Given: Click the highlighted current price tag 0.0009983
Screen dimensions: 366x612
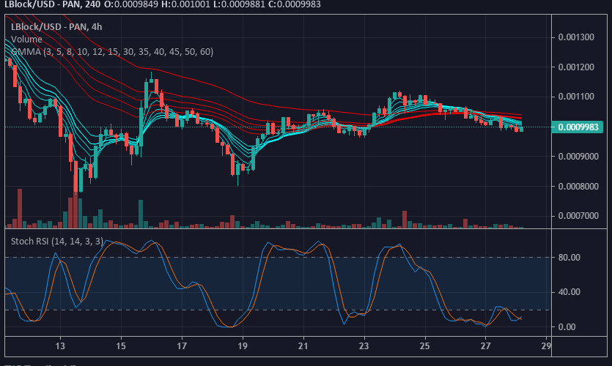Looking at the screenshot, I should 578,127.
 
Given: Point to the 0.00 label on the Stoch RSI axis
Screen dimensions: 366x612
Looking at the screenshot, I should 568,326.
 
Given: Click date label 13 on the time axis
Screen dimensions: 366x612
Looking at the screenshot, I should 60,346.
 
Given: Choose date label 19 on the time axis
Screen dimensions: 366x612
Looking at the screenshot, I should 243,346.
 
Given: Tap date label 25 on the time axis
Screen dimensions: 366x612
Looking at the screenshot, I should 425,346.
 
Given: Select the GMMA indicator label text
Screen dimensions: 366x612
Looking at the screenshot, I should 111,51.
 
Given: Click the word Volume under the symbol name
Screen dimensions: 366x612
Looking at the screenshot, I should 26,39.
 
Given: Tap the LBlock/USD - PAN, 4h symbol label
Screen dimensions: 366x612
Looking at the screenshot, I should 55,26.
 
